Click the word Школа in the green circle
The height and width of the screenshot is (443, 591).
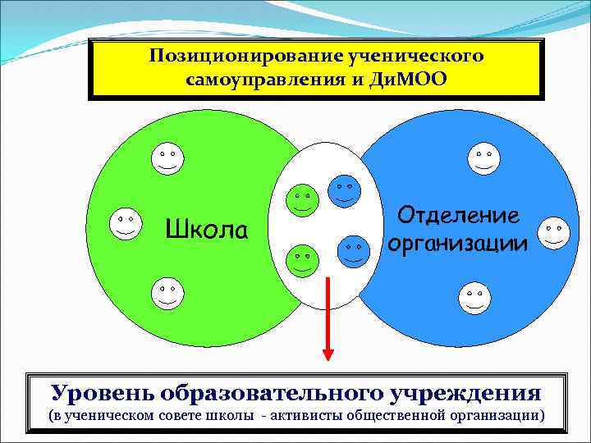tap(206, 230)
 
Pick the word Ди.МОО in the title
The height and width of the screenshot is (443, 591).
tap(412, 80)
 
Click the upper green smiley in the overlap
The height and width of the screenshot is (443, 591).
tap(302, 199)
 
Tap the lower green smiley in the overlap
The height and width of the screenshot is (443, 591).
tap(301, 261)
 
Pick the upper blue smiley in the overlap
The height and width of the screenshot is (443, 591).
tap(344, 190)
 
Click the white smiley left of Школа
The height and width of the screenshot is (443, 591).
tap(125, 222)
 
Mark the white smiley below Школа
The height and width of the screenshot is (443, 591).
tap(167, 293)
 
